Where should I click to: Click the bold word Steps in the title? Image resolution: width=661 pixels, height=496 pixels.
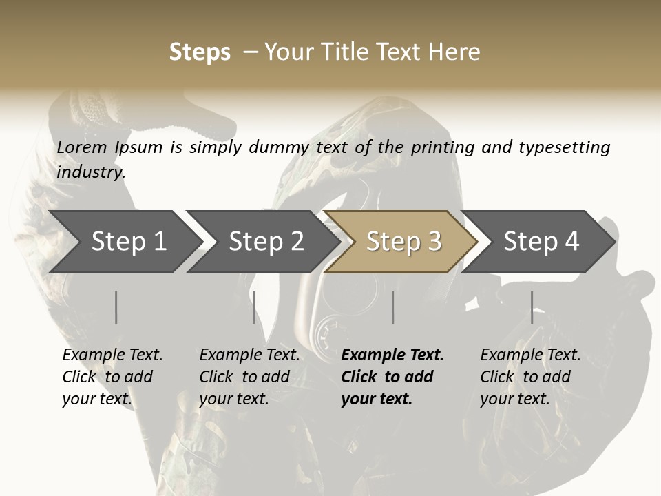click(200, 52)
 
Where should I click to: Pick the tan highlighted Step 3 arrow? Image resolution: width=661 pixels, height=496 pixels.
click(402, 242)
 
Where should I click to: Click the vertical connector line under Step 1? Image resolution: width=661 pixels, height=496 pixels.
click(116, 307)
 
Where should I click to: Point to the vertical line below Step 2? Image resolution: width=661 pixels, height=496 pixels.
click(254, 307)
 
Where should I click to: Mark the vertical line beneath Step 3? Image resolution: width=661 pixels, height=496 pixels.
click(393, 307)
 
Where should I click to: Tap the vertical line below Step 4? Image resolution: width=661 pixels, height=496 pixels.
click(532, 307)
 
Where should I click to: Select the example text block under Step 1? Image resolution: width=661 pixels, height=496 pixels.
click(112, 377)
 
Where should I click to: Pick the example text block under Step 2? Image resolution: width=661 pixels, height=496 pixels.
click(249, 377)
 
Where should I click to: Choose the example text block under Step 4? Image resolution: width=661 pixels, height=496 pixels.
click(530, 377)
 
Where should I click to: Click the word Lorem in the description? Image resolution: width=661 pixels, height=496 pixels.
click(82, 147)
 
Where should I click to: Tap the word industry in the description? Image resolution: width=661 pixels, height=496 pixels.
click(91, 172)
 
